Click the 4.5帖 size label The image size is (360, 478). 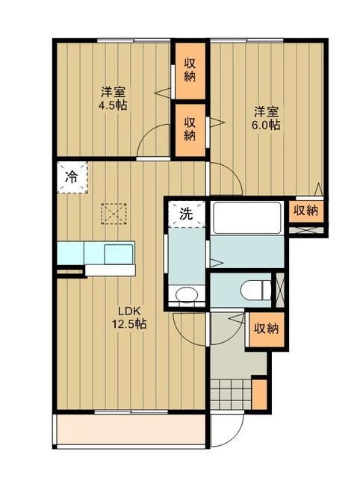[114, 106]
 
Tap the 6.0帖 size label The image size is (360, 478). [267, 125]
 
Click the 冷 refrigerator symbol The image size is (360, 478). [71, 178]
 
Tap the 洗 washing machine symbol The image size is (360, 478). [185, 214]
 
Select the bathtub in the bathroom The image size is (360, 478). [246, 217]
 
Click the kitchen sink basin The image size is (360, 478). [118, 253]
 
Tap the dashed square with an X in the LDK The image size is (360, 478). [114, 214]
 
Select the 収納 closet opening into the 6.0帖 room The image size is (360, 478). [190, 129]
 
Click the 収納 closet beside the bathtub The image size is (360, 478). [305, 211]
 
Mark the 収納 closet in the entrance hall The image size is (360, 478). [267, 327]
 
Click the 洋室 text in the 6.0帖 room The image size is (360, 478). [267, 111]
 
